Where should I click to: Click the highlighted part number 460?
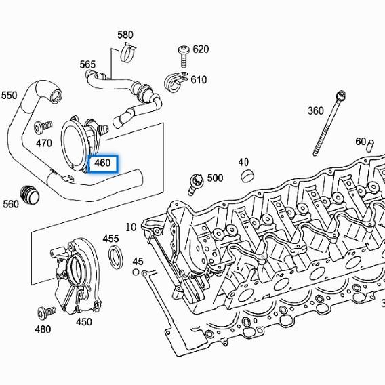coord(102,163)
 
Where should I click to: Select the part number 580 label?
coord(125,35)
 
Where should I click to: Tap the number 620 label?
coord(201,49)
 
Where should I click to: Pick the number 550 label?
coord(9,95)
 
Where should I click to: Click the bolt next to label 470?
coord(40,126)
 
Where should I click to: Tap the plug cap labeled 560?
coord(31,193)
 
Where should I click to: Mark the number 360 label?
coord(315,111)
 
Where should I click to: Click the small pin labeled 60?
coord(370,144)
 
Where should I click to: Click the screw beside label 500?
coord(196,181)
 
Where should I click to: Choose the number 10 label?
coord(131,226)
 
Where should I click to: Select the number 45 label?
coord(138,262)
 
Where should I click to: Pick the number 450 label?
coord(83,322)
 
